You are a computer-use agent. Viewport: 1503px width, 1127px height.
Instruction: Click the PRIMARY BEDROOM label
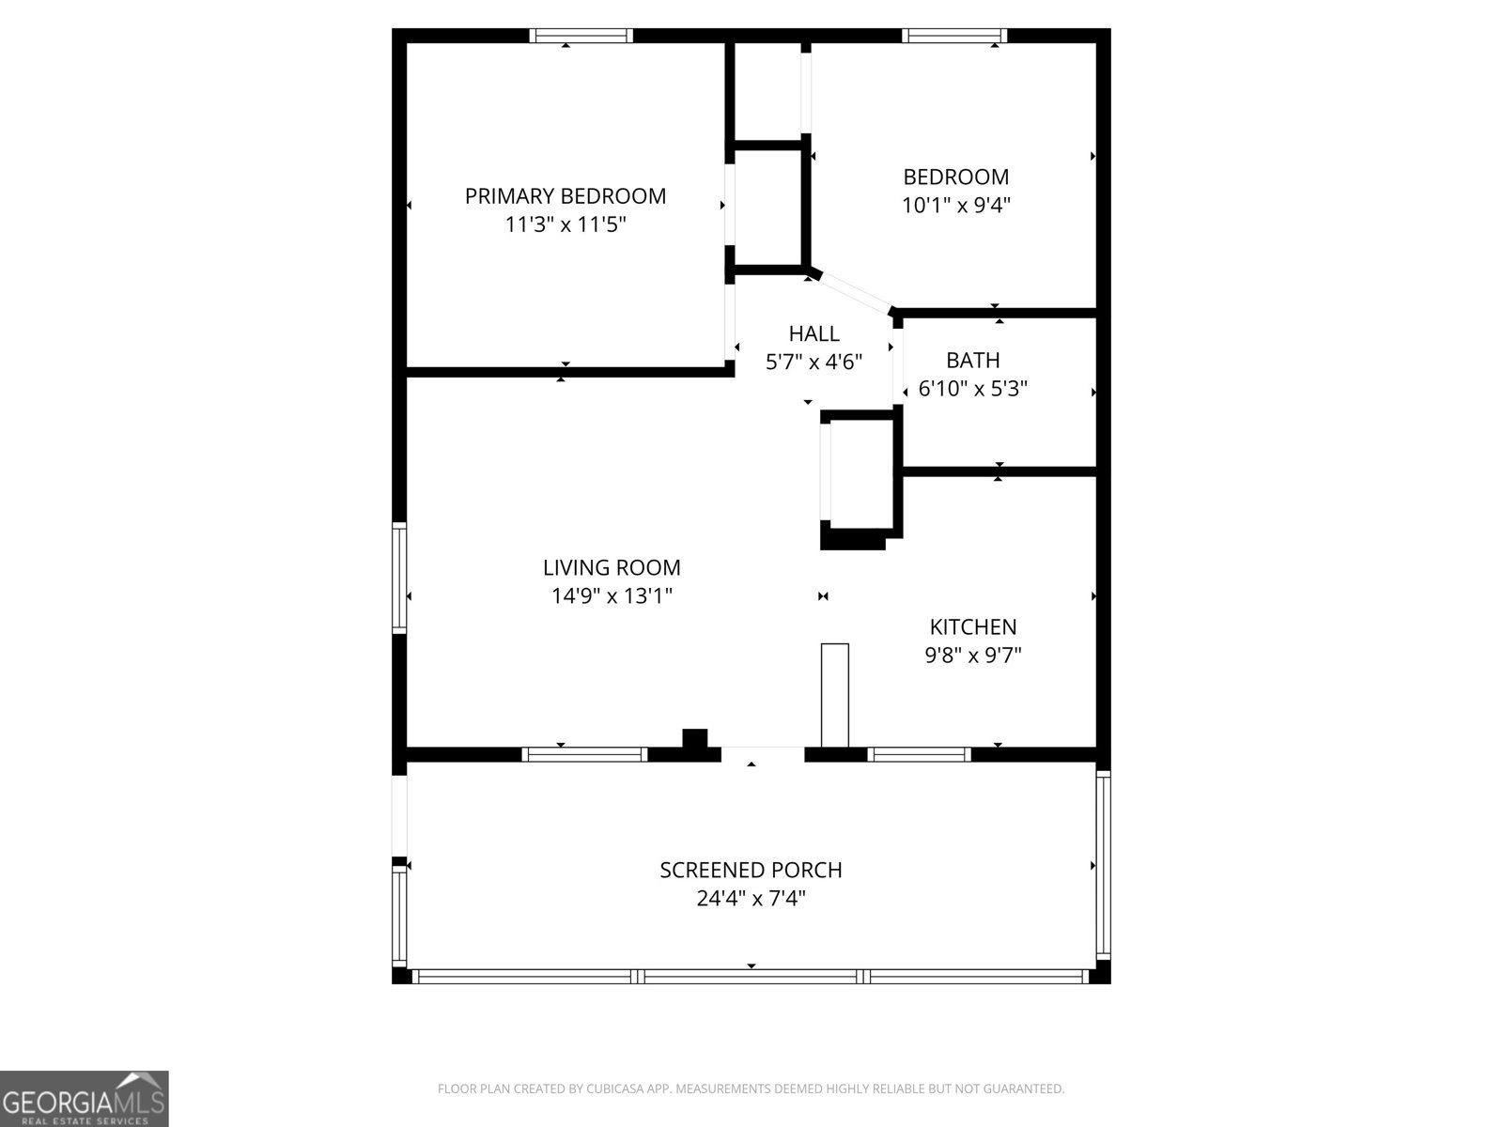[565, 196]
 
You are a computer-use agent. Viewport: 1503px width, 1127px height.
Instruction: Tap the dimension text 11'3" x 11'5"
[565, 225]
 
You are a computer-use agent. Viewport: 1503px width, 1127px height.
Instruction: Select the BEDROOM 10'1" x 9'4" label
[955, 191]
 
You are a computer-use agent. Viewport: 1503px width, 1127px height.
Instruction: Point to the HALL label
[813, 334]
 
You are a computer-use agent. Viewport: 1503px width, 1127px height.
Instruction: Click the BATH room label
[972, 361]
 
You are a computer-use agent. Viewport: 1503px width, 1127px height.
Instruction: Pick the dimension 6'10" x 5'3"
[972, 389]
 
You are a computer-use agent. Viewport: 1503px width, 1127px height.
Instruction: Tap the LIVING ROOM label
[612, 568]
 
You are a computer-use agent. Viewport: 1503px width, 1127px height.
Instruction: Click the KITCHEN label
[972, 627]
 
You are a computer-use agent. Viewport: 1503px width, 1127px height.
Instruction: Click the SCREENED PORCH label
[751, 871]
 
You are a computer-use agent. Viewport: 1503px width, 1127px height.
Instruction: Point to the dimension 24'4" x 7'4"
[751, 899]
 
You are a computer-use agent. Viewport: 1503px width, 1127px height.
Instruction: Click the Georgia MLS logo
[84, 1098]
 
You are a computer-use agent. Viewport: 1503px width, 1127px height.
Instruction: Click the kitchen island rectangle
[834, 695]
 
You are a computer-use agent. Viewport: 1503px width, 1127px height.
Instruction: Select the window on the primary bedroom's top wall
[581, 37]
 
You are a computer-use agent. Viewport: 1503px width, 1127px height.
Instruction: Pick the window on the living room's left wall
[399, 577]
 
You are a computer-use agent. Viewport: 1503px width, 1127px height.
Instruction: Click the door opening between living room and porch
[763, 753]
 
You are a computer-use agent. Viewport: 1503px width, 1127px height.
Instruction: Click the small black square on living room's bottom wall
[694, 739]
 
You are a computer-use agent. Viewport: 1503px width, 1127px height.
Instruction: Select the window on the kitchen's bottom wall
[919, 753]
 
